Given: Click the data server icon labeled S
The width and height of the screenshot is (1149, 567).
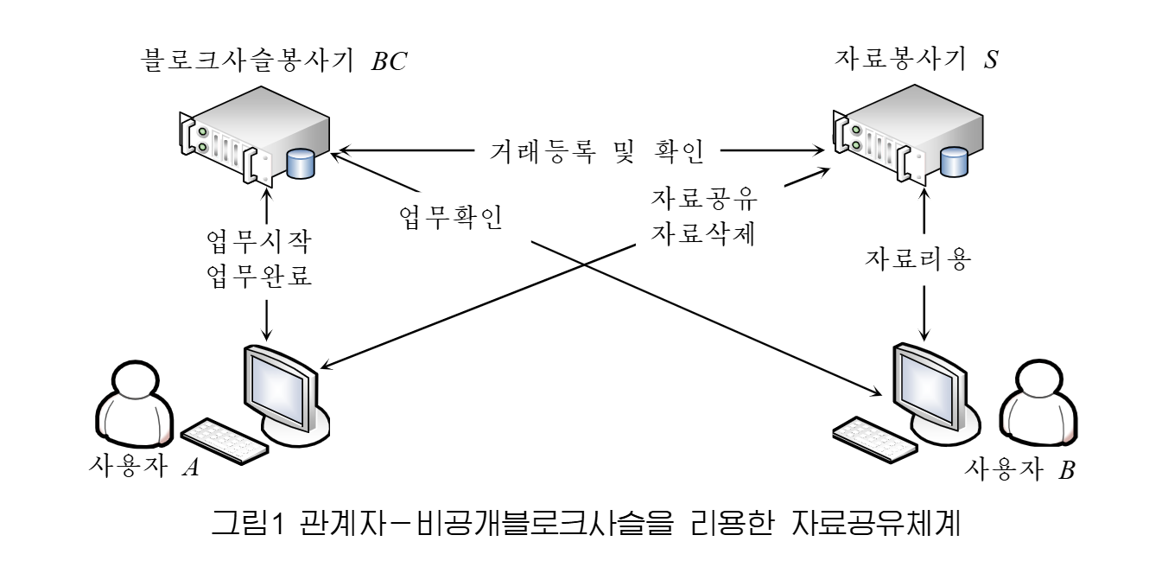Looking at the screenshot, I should coord(898,138).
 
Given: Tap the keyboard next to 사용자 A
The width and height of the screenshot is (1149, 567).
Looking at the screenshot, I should coord(225,440).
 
